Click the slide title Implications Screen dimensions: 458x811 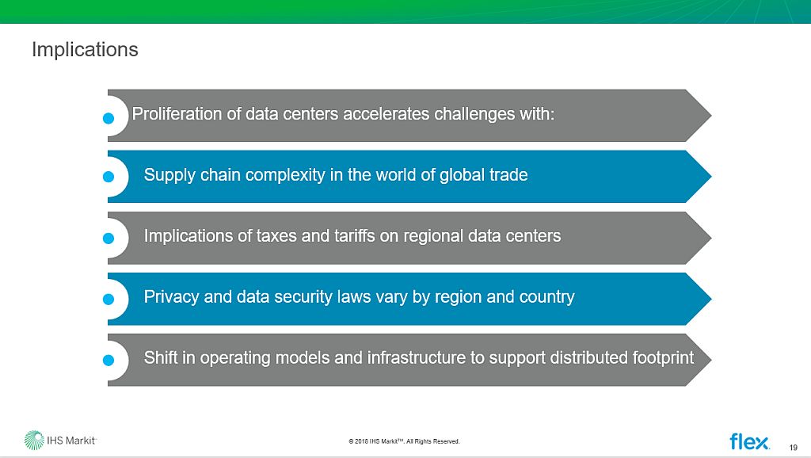85,50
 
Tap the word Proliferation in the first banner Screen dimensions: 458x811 177,114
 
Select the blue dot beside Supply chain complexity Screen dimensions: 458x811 110,177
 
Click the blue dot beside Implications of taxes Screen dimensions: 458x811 110,238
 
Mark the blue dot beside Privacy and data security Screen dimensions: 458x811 110,299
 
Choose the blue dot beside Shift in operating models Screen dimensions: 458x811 110,360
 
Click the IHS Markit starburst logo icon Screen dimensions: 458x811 34,440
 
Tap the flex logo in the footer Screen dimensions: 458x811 749,441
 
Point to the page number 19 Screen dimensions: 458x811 794,445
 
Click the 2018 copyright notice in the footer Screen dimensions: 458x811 404,441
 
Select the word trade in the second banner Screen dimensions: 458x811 507,175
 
